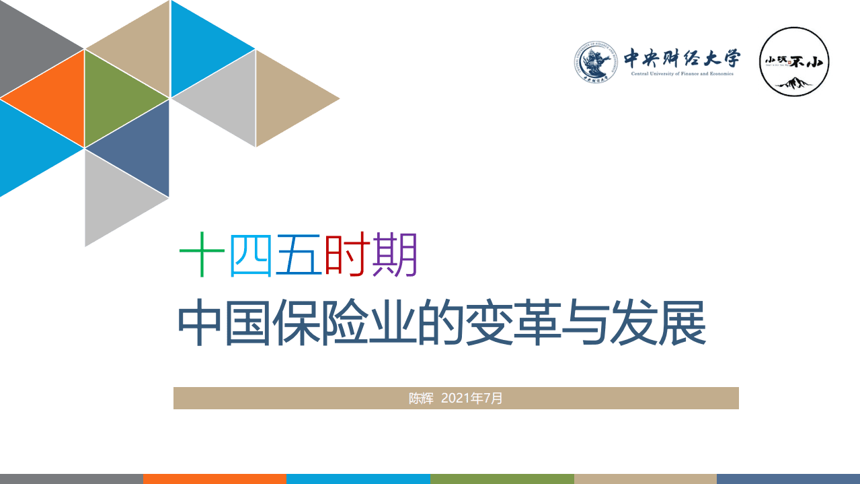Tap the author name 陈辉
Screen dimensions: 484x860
pyautogui.click(x=422, y=398)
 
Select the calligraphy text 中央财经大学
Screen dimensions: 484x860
pyautogui.click(x=682, y=59)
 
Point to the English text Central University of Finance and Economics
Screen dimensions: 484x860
pyautogui.click(x=682, y=73)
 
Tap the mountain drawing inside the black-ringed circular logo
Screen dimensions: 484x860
pyautogui.click(x=794, y=83)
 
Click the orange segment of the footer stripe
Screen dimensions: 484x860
pyautogui.click(x=214, y=479)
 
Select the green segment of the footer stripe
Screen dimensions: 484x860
pyautogui.click(x=502, y=479)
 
